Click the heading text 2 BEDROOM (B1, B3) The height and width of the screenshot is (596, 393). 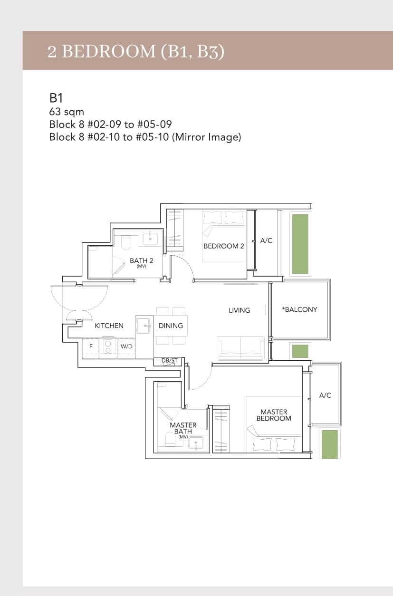(135, 51)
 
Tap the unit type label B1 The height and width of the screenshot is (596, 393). (56, 98)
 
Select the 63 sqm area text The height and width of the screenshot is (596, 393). (67, 112)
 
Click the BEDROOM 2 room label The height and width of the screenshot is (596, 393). (223, 246)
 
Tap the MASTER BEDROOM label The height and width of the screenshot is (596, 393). (274, 415)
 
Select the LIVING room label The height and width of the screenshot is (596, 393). (239, 310)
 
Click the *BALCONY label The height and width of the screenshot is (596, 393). (299, 309)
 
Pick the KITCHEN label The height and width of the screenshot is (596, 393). (109, 326)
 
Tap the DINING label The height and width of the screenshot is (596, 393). (171, 326)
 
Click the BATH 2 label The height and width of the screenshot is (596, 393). (141, 261)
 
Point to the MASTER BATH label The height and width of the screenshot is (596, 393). (183, 428)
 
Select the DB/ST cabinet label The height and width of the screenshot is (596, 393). (169, 361)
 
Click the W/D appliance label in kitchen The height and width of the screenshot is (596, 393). (126, 346)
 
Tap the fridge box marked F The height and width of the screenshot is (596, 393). (90, 346)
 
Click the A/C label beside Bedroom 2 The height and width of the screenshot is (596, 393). (266, 241)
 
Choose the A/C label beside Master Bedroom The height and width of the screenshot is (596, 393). (325, 395)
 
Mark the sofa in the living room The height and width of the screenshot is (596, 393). (240, 348)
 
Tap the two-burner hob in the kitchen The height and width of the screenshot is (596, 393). (108, 346)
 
